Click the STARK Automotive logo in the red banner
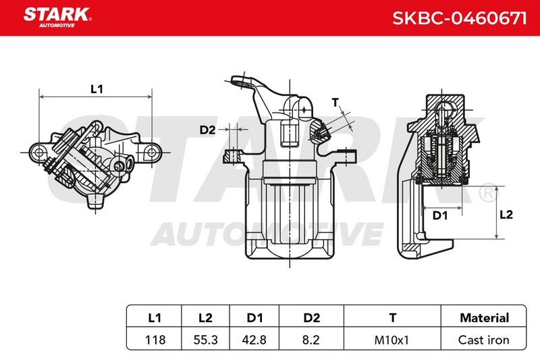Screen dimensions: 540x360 (x=57, y=18)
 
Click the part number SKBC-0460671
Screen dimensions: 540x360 (x=460, y=18)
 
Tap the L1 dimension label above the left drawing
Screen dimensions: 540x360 (x=97, y=89)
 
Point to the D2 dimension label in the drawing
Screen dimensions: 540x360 (x=207, y=130)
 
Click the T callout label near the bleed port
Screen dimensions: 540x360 (x=335, y=102)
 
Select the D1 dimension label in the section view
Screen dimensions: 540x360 (x=440, y=215)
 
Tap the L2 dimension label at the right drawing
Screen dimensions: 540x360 (x=506, y=215)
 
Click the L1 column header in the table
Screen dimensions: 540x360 (x=155, y=317)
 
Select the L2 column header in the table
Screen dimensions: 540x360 (x=205, y=317)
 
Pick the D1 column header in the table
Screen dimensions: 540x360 (x=254, y=317)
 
